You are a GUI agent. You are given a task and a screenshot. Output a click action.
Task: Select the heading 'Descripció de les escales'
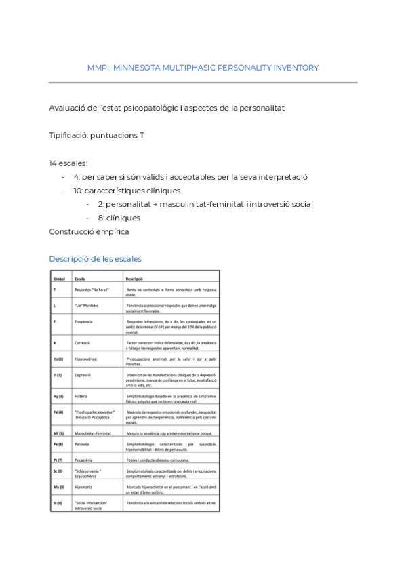(x=95, y=258)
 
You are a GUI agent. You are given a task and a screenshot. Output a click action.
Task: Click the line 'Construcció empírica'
(x=89, y=231)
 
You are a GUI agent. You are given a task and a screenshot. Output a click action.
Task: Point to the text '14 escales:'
(x=68, y=163)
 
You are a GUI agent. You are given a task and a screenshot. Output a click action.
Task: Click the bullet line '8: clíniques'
(x=119, y=218)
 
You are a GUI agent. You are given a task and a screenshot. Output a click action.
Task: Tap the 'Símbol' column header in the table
(x=59, y=278)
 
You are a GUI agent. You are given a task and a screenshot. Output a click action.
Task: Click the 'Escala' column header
(x=81, y=278)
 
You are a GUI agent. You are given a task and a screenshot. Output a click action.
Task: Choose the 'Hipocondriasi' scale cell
(x=87, y=357)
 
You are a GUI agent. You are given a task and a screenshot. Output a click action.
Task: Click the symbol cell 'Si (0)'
(x=58, y=504)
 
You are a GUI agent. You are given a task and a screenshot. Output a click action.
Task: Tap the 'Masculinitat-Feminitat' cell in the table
(x=94, y=432)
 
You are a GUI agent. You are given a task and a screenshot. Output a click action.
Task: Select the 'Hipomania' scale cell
(x=85, y=486)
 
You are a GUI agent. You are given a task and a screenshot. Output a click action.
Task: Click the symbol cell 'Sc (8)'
(x=58, y=470)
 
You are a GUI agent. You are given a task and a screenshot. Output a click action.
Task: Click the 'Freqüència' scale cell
(x=85, y=322)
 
